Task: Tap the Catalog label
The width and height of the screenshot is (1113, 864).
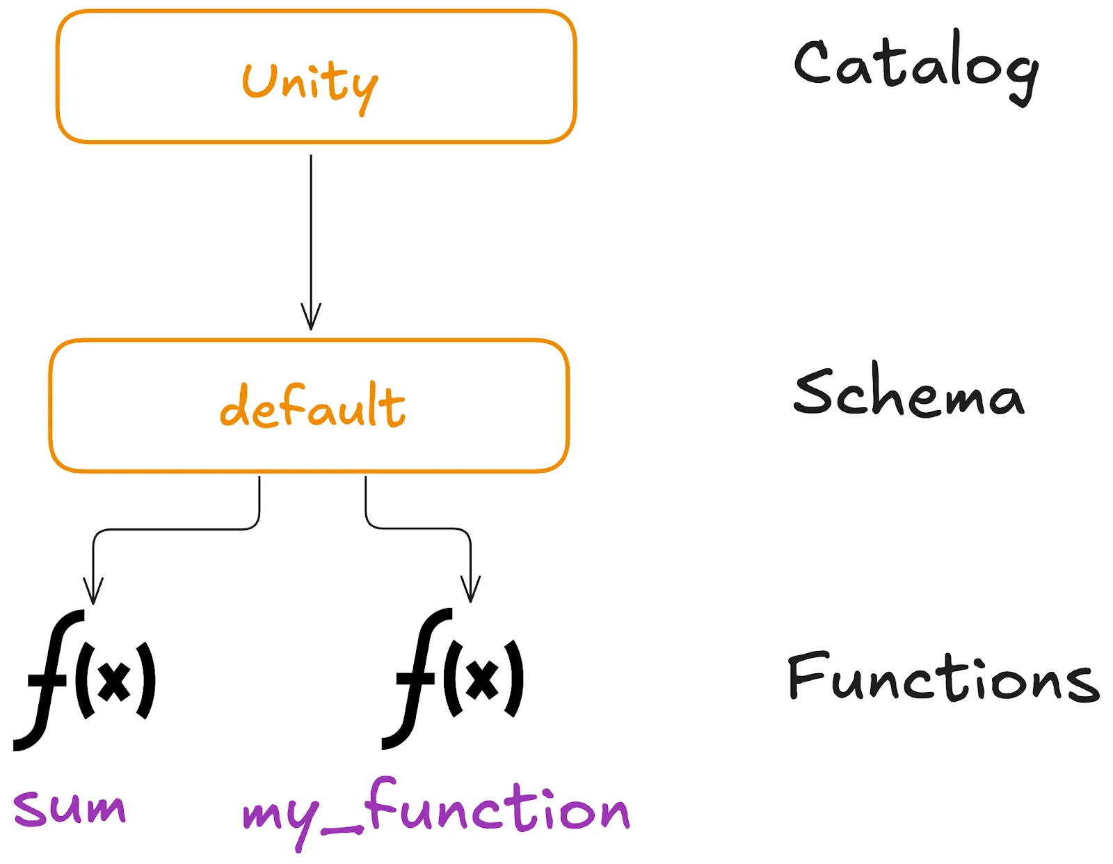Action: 916,66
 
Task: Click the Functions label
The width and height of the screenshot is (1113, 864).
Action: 943,677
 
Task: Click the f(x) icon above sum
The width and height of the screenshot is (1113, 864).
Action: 85,680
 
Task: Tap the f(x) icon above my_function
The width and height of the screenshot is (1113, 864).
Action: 454,679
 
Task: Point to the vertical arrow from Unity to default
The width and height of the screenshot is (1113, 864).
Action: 311,230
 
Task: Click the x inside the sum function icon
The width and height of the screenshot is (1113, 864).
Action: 114,681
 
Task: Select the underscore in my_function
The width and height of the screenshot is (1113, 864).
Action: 342,830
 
